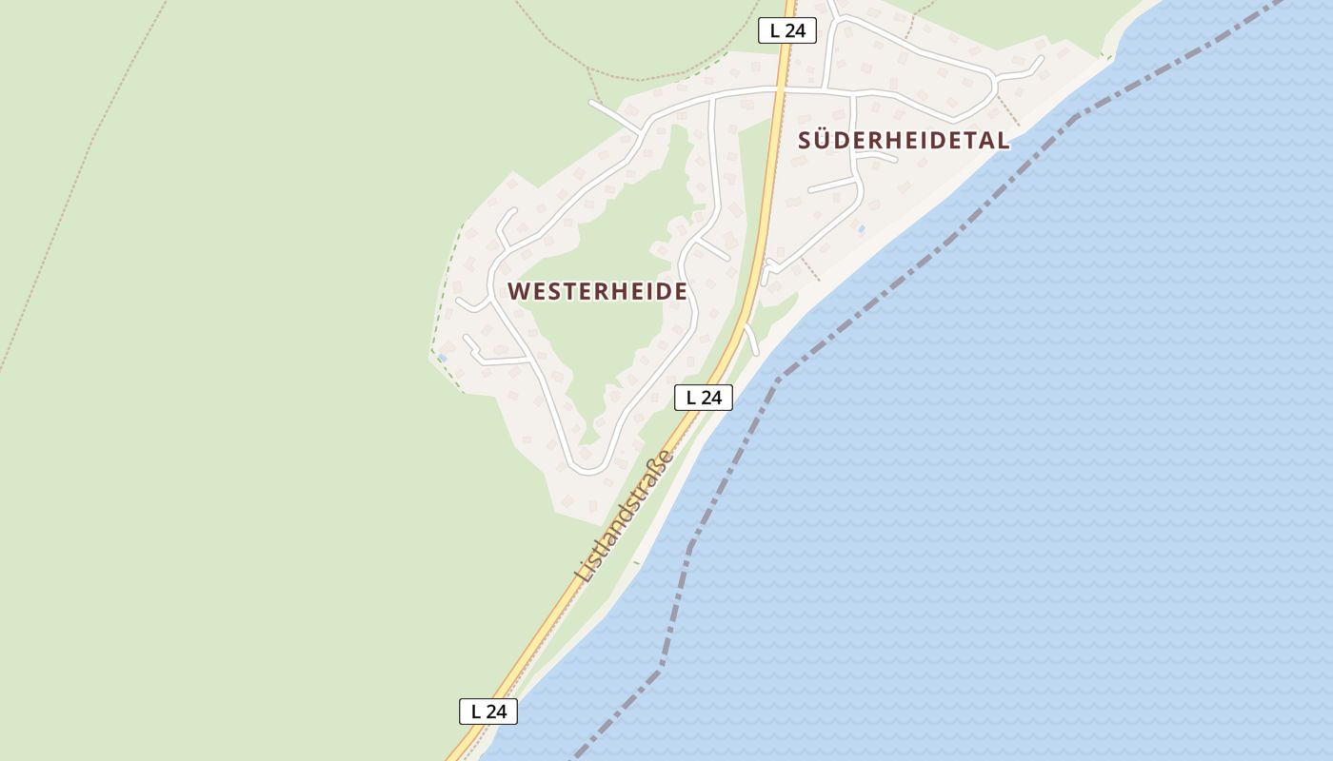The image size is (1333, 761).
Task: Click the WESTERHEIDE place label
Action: [x=597, y=291]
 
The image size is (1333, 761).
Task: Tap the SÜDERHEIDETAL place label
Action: [x=903, y=141]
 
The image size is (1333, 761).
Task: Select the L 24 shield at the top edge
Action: [x=787, y=30]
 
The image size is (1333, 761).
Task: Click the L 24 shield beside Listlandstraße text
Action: [x=704, y=398]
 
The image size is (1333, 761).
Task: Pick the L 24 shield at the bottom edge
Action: [x=488, y=712]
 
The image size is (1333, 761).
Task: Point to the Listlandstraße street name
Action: [x=625, y=516]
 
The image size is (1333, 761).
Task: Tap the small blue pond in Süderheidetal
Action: [x=862, y=229]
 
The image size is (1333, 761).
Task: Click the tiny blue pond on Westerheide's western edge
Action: [x=442, y=358]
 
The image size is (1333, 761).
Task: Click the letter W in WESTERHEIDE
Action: [x=519, y=291]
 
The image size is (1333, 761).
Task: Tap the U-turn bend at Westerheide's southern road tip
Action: [x=587, y=469]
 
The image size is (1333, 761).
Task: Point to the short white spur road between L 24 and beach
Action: [x=751, y=340]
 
